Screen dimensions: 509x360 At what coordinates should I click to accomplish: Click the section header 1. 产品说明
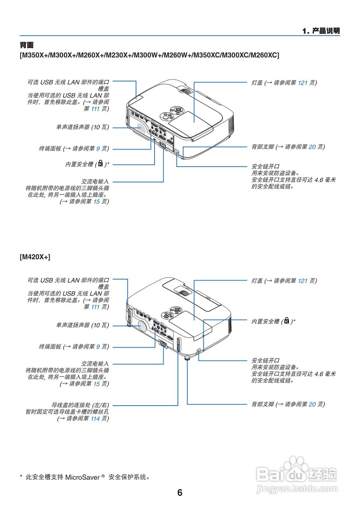[x=321, y=31]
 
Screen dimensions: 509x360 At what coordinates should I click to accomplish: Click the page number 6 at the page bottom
[x=180, y=493]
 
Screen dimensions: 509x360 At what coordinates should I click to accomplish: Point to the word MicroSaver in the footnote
[x=82, y=477]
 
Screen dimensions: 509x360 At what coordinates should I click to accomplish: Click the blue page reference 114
[x=95, y=419]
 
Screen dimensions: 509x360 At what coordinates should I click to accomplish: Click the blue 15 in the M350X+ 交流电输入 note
[x=96, y=202]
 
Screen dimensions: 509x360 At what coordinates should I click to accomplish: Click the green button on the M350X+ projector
[x=169, y=116]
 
